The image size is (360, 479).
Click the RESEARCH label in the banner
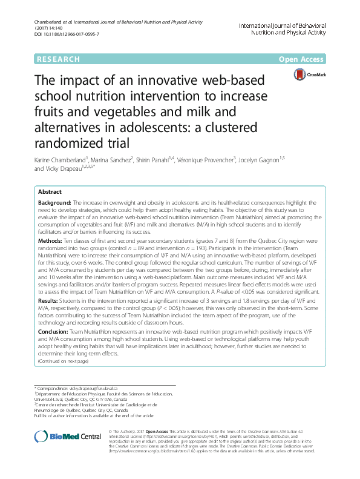(57, 59)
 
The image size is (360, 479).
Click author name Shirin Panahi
(162, 159)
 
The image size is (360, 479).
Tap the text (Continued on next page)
(63, 361)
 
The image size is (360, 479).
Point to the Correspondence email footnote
(85, 387)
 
